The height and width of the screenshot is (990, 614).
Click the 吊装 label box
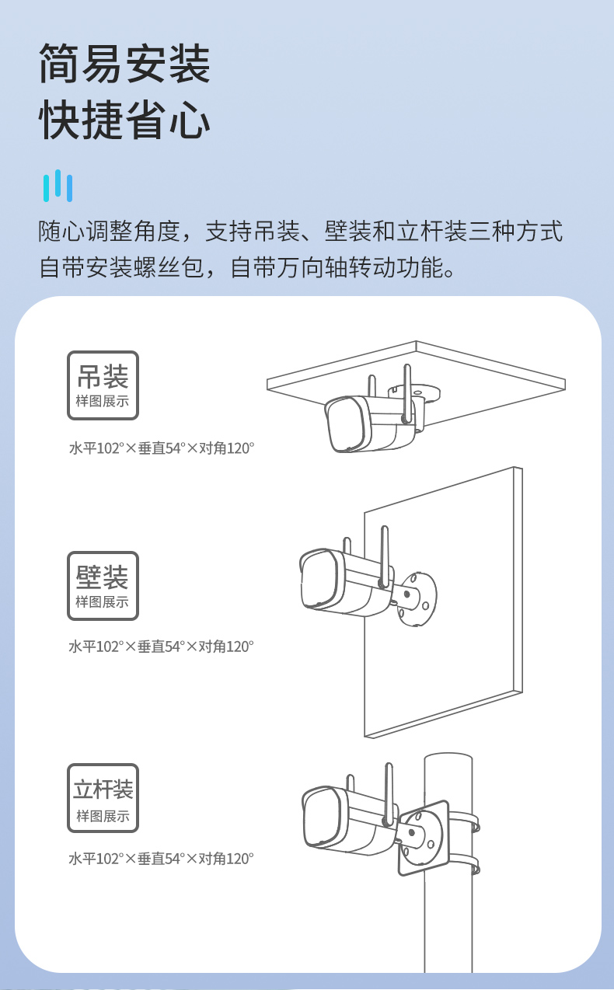click(x=103, y=385)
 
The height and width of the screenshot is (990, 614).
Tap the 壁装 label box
click(x=103, y=586)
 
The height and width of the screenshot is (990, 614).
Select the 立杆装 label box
click(x=103, y=798)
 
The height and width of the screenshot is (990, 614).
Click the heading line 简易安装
click(x=124, y=64)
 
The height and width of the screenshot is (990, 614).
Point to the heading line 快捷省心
click(x=124, y=120)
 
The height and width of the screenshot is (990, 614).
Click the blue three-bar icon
click(x=58, y=186)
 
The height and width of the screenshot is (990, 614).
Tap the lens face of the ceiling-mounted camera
click(x=347, y=425)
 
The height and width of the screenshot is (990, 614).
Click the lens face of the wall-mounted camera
click(x=321, y=579)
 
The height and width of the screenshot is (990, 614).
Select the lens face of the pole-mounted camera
click(x=325, y=817)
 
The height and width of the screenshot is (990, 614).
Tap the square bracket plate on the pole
click(x=424, y=838)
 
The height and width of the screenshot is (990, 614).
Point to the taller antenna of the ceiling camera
click(x=407, y=393)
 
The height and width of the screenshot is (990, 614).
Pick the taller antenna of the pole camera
click(x=389, y=794)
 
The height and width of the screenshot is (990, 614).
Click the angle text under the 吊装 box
click(x=162, y=448)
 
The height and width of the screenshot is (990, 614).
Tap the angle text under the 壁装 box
click(x=161, y=647)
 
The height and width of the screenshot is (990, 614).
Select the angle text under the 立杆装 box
click(x=161, y=859)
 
